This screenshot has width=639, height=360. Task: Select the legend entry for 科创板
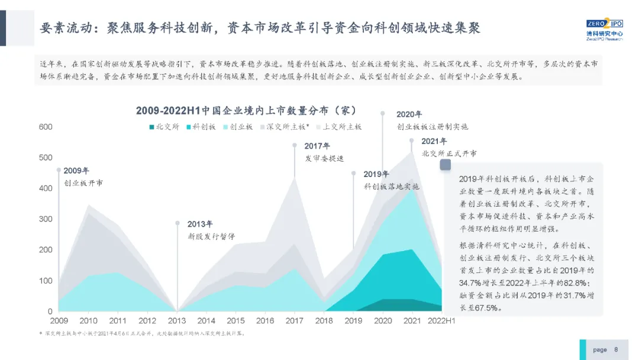click(x=201, y=127)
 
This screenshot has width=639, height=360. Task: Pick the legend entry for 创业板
click(x=238, y=127)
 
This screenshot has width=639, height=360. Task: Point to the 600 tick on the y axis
click(x=46, y=127)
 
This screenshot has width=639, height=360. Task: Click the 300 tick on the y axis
click(x=46, y=219)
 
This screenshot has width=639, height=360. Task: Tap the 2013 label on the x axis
click(x=177, y=321)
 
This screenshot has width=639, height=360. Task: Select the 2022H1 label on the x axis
click(x=441, y=321)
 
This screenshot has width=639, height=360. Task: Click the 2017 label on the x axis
click(x=294, y=321)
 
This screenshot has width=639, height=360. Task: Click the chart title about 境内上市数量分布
click(x=245, y=111)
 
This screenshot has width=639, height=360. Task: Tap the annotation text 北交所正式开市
click(x=449, y=153)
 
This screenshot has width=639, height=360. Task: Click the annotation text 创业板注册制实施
click(x=424, y=127)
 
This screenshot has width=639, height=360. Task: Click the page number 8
click(x=616, y=349)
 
